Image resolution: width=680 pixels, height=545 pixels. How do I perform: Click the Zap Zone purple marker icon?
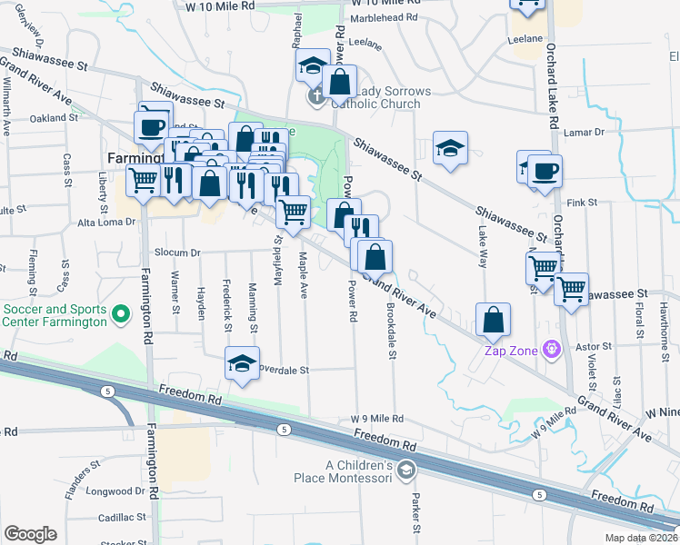pyautogui.click(x=550, y=349)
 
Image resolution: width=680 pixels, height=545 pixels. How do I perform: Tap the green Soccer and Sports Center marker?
pyautogui.click(x=121, y=315)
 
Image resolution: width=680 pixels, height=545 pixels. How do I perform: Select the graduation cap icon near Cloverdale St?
pyautogui.click(x=242, y=363)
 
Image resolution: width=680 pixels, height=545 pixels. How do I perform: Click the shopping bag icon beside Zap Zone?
pyautogui.click(x=493, y=320)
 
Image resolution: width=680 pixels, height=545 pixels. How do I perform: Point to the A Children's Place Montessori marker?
pyautogui.click(x=405, y=471)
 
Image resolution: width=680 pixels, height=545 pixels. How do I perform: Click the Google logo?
pyautogui.click(x=30, y=534)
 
